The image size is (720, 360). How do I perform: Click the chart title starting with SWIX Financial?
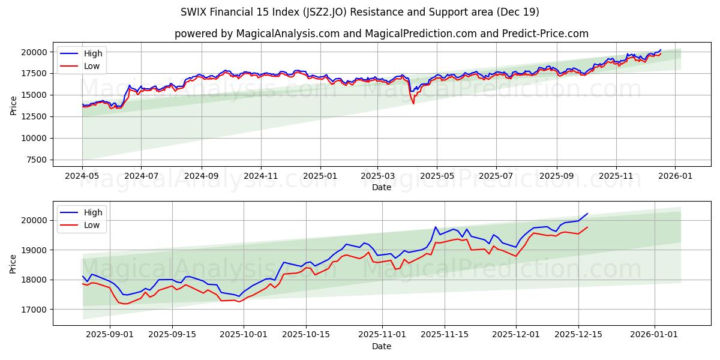tap(360, 12)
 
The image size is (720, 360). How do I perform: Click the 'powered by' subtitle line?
tap(382, 34)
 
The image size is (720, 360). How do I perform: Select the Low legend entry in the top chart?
tap(92, 66)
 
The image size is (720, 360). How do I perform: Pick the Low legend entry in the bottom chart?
tap(92, 225)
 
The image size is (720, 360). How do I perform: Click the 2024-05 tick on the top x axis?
tap(82, 176)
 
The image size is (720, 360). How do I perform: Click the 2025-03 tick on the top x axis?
tap(377, 176)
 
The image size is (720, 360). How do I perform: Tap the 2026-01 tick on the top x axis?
tap(675, 176)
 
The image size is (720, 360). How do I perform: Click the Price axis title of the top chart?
tap(13, 106)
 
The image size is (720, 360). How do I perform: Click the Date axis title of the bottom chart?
tap(382, 346)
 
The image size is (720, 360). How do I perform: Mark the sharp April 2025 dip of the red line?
tap(413, 103)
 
